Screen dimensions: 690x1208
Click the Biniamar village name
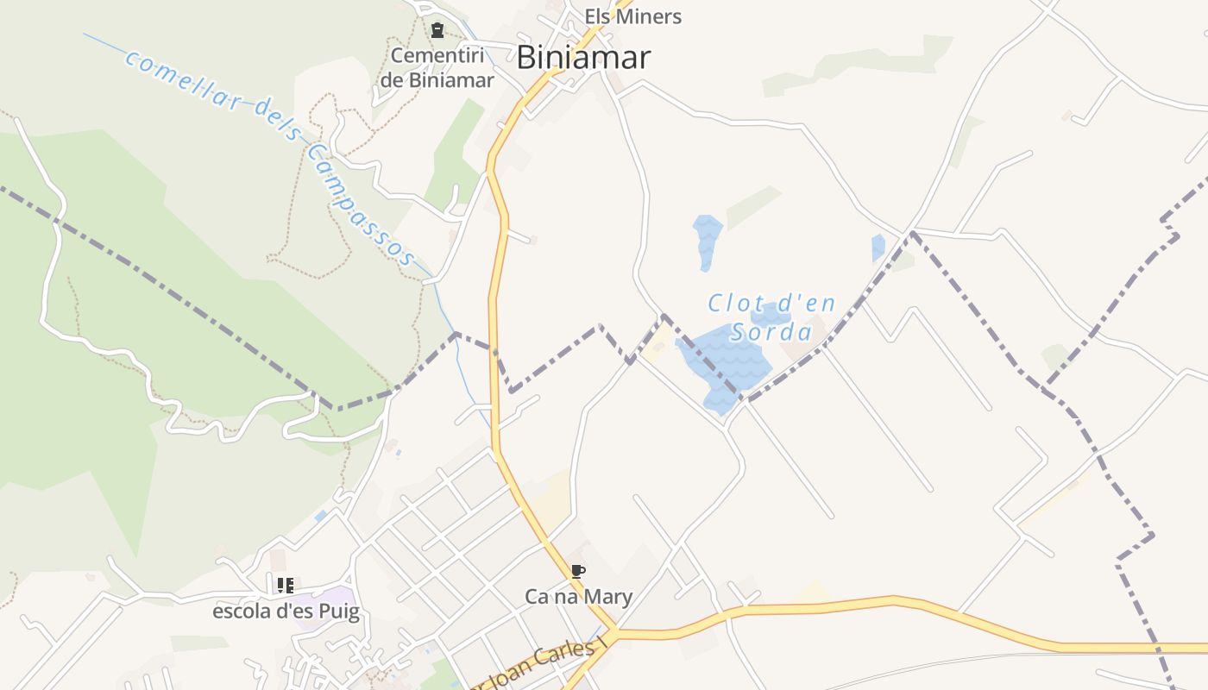pyautogui.click(x=583, y=58)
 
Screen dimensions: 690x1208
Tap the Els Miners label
pyautogui.click(x=632, y=16)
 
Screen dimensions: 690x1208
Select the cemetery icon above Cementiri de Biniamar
pyautogui.click(x=437, y=31)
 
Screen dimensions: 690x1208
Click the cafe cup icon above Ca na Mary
pyautogui.click(x=578, y=571)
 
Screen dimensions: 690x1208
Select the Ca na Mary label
pyautogui.click(x=578, y=596)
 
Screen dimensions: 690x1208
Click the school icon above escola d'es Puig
pyautogui.click(x=286, y=586)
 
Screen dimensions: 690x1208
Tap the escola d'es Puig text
pyautogui.click(x=286, y=612)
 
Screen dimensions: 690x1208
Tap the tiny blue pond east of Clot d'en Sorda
pyautogui.click(x=878, y=248)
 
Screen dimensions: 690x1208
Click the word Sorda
pyautogui.click(x=771, y=332)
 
